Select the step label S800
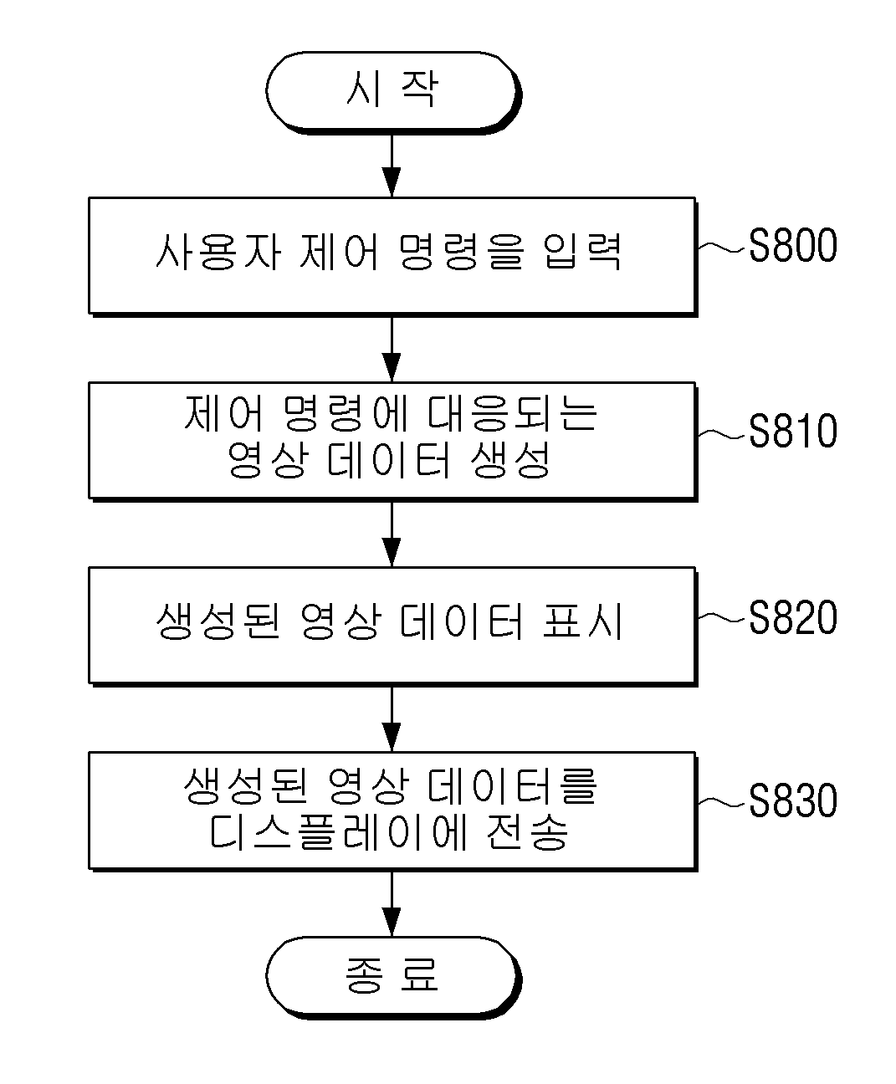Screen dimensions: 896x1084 point(792,245)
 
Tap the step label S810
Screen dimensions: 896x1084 point(792,431)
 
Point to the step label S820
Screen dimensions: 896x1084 point(792,616)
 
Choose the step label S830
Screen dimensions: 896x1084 point(792,800)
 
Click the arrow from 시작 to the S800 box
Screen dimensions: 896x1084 point(392,166)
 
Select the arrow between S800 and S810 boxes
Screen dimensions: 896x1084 point(392,350)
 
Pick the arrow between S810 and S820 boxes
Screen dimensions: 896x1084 point(392,534)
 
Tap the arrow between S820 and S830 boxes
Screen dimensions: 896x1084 point(392,719)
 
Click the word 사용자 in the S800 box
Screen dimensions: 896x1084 point(218,252)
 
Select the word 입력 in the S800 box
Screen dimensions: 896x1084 point(582,252)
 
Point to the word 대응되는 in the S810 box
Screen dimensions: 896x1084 point(512,413)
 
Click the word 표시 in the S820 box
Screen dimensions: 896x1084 point(582,621)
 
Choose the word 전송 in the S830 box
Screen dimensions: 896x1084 point(527,832)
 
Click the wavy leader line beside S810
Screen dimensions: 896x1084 point(723,434)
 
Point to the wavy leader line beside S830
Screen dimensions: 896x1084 point(723,803)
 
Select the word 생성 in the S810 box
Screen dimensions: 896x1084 point(510,460)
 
